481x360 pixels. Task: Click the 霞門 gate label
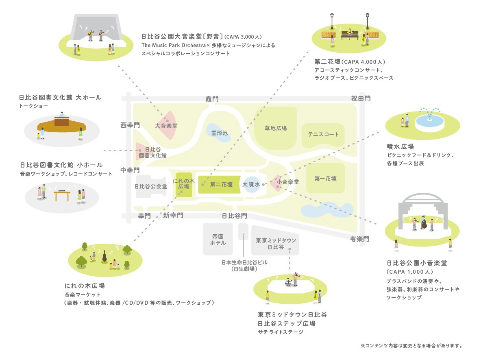click(212, 99)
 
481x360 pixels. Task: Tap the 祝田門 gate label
click(361, 98)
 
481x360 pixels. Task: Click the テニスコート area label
click(323, 134)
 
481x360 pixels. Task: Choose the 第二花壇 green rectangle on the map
click(221, 184)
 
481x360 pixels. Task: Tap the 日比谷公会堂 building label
click(151, 186)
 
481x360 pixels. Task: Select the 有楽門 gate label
click(360, 239)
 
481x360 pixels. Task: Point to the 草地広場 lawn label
click(276, 128)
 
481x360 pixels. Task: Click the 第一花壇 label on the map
click(325, 179)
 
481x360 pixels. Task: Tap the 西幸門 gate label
click(130, 125)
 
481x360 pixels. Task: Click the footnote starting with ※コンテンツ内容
click(411, 346)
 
